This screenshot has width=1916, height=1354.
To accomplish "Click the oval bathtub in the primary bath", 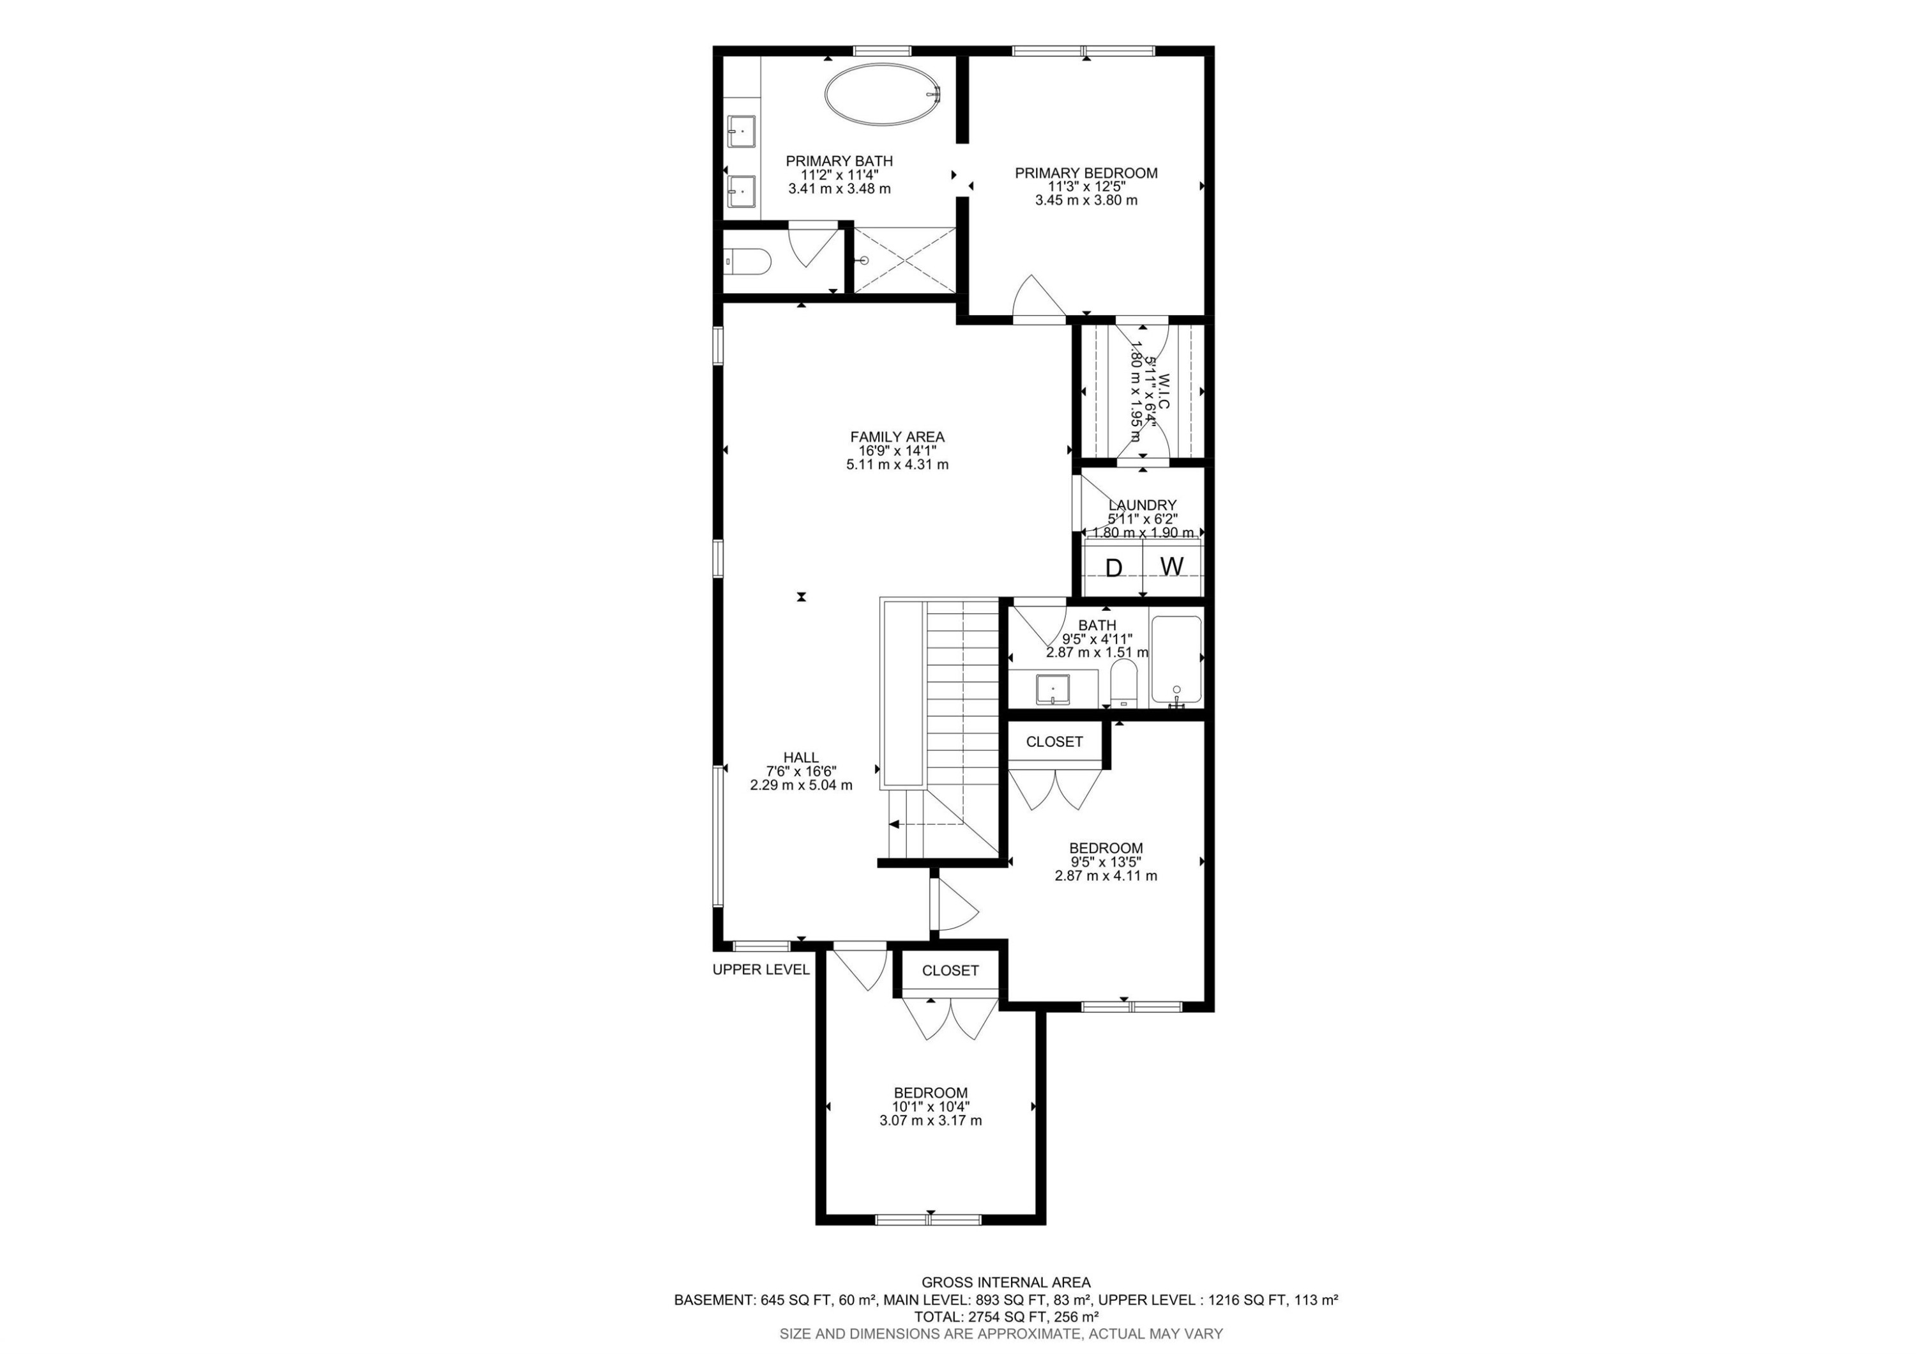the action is click(883, 95).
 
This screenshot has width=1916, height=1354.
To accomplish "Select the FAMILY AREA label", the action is click(897, 436).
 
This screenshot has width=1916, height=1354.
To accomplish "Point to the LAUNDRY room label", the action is click(1143, 505).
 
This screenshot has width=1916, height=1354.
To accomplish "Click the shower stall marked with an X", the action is click(904, 261).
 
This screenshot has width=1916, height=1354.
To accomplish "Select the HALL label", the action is click(801, 758).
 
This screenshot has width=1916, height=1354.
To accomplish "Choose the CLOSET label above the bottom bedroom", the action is click(950, 971).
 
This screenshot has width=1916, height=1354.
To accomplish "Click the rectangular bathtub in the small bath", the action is click(1176, 659).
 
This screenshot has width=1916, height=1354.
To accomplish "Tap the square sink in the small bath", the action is click(1053, 689).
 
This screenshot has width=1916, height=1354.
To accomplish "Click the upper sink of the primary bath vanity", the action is click(158, 132).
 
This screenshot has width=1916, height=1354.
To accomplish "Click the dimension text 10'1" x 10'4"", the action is click(931, 1107).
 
